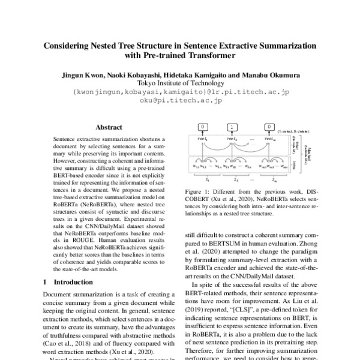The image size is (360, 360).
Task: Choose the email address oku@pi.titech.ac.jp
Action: [x=181, y=101]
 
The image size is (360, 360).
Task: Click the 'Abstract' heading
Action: [x=109, y=127]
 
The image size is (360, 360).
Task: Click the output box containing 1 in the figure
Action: [x=232, y=127]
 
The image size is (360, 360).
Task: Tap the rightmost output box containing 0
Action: [x=269, y=127]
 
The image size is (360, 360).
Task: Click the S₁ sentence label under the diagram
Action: [x=207, y=179]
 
